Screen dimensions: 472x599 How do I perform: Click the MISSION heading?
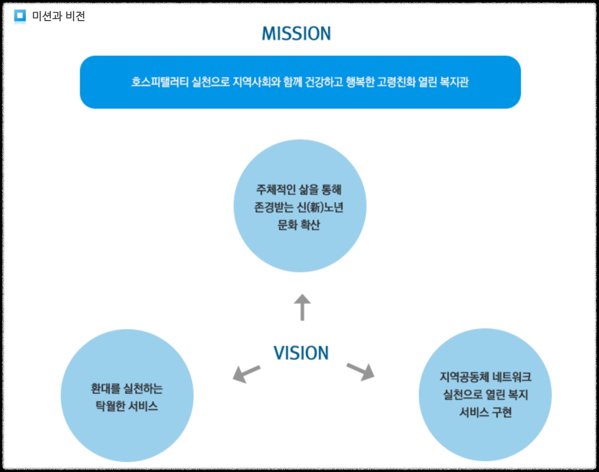pos(296,34)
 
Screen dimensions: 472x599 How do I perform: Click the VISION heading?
pos(301,353)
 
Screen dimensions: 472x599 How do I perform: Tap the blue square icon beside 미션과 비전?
pos(20,16)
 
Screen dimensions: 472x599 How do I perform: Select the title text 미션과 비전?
pos(58,16)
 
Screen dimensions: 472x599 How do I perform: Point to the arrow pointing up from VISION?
pos(302,307)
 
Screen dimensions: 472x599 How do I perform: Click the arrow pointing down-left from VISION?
pos(246,373)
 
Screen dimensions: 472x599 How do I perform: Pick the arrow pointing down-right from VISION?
pos(361,371)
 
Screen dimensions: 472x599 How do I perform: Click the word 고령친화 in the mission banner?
pos(396,82)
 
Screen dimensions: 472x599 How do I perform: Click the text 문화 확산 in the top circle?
pos(299,225)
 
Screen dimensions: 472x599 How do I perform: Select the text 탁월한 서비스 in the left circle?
pos(127,406)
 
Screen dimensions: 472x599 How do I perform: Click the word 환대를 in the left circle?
pos(105,389)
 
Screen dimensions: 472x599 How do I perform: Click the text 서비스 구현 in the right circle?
pos(485,412)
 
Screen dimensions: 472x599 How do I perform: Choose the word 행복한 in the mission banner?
pos(360,82)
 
